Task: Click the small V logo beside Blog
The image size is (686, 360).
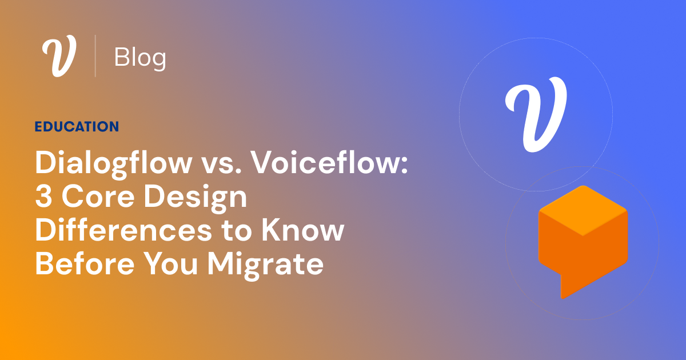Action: point(59,57)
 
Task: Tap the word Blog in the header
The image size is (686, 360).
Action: point(140,58)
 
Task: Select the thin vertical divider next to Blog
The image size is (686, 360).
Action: point(95,56)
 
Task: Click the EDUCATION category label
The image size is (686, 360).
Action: point(77,127)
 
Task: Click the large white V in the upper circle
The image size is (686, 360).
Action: point(535,114)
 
